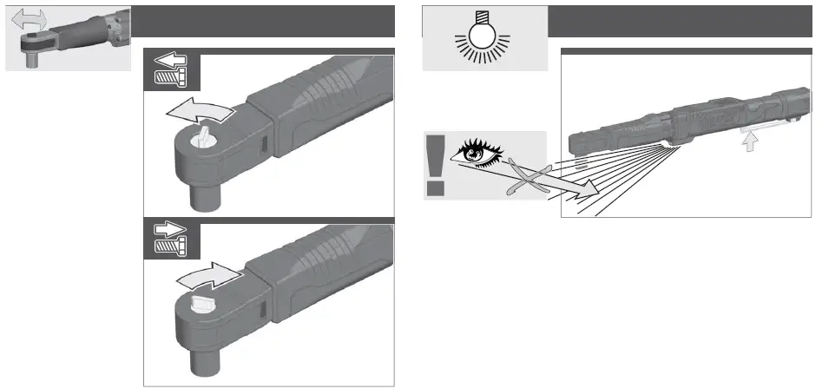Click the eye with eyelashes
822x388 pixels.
[x=479, y=152]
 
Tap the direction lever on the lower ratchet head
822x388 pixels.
[x=201, y=301]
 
